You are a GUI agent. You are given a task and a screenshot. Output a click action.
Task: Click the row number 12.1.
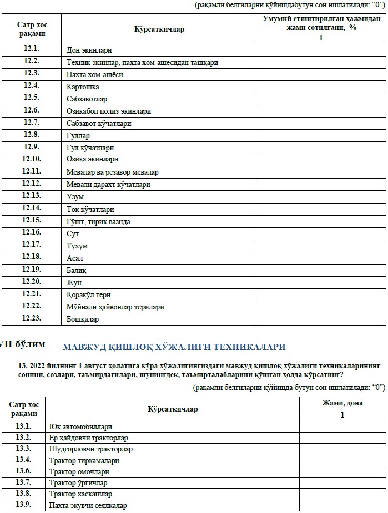tap(32, 49)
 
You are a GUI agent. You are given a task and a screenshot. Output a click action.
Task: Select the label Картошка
tap(83, 87)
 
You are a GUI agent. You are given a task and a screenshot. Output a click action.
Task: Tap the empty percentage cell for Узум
tap(320, 196)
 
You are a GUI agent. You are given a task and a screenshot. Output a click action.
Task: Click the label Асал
tap(75, 258)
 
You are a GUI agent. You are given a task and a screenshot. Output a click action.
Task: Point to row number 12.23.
tap(32, 319)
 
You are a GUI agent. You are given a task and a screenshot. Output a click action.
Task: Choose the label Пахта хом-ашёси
tap(94, 74)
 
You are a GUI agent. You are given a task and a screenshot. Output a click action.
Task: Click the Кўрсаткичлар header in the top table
tap(159, 29)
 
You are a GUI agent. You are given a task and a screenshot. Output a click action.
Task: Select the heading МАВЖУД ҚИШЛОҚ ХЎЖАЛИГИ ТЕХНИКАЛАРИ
tap(174, 347)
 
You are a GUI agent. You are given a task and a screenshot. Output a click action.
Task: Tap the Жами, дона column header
tap(342, 403)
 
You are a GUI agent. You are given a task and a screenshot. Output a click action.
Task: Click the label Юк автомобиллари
tap(80, 427)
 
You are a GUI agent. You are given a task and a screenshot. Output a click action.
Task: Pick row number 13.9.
tap(23, 505)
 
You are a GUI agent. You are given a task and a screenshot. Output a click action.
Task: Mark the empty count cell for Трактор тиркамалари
tap(342, 460)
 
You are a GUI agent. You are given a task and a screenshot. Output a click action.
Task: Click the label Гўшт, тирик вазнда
tap(98, 221)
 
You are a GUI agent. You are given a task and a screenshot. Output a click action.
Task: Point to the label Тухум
tap(77, 246)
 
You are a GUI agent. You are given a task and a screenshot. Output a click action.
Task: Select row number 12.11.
tap(32, 171)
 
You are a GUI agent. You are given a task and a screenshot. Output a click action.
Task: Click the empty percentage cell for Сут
tap(320, 233)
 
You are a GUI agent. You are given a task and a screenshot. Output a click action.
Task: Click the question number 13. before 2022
tap(23, 365)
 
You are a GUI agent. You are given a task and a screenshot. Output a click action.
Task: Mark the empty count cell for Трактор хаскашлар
tap(342, 494)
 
